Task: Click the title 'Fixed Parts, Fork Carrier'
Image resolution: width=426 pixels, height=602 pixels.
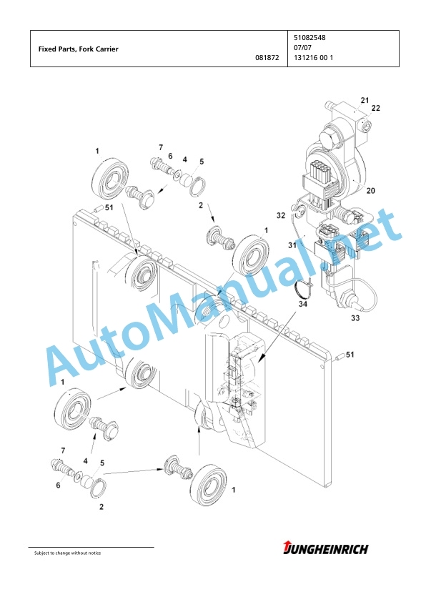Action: click(x=79, y=49)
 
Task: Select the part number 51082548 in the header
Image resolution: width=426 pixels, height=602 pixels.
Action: click(x=309, y=38)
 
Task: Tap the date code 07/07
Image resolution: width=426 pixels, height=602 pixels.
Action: click(x=303, y=48)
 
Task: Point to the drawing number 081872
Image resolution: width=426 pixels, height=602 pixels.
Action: click(x=267, y=58)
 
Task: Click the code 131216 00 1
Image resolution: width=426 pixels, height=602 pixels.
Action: click(x=314, y=58)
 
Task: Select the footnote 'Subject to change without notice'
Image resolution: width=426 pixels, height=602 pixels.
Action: click(x=68, y=553)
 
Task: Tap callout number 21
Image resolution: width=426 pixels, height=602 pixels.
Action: click(x=365, y=100)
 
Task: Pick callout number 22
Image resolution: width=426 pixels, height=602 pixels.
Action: click(x=375, y=108)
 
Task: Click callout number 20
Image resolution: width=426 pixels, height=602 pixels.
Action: click(x=370, y=190)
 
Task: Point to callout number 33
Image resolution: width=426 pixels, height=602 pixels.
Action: click(x=355, y=318)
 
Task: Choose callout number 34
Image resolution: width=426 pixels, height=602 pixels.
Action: click(x=303, y=305)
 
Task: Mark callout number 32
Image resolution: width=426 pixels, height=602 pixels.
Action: click(x=281, y=215)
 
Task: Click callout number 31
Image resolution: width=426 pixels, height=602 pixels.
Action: click(x=292, y=245)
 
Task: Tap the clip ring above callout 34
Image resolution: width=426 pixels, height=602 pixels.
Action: click(x=300, y=287)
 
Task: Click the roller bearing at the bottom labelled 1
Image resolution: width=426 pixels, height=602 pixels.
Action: click(x=209, y=485)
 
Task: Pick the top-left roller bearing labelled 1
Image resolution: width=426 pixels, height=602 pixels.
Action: click(x=112, y=177)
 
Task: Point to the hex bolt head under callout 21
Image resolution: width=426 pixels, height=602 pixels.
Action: click(x=330, y=137)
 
